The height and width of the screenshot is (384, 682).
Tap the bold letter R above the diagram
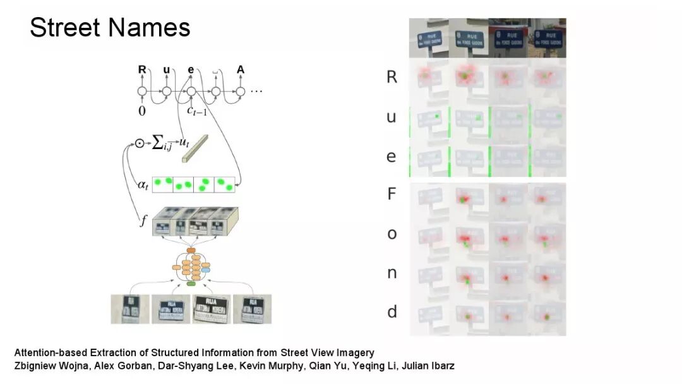pos(142,69)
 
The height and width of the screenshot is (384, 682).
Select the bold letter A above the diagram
pos(240,69)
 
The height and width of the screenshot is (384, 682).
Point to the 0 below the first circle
pos(142,111)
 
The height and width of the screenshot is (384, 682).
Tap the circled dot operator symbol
pos(140,143)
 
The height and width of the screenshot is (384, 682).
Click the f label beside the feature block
pos(143,221)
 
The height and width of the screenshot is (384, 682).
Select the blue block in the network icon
pos(206,270)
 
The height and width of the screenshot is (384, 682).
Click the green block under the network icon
pos(191,284)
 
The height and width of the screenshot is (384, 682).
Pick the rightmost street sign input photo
pos(248,309)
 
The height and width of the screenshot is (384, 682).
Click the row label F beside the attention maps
pos(392,194)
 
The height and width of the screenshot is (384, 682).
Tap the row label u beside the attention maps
pos(392,117)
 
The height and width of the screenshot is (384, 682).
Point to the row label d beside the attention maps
pos(392,311)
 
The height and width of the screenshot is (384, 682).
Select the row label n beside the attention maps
pos(392,273)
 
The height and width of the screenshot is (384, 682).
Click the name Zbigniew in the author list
pos(35,366)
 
